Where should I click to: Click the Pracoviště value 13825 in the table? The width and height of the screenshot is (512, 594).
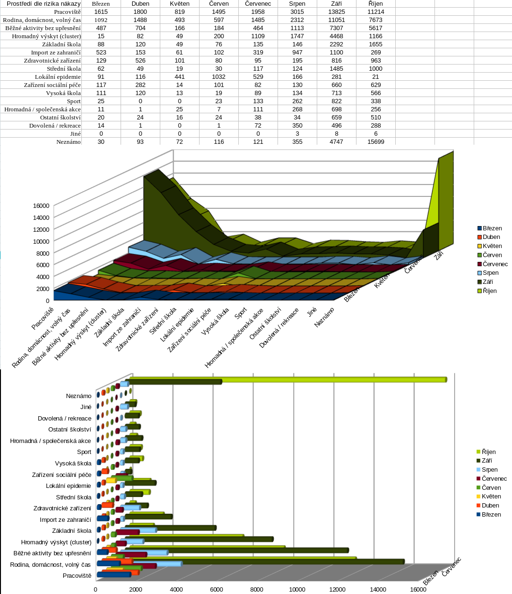pos(336,11)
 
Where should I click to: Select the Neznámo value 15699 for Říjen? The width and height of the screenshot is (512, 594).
pos(376,141)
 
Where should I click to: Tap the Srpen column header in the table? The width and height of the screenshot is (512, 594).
pos(297,3)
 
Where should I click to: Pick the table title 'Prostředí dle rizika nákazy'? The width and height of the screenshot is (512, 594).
pos(44,3)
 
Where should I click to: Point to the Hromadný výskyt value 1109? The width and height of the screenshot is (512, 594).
pos(258,36)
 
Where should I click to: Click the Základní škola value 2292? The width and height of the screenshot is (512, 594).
pos(336,44)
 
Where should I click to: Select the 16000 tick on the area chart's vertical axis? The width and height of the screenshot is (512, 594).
pos(41,206)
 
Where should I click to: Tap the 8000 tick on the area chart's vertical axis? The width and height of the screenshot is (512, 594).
pos(43,253)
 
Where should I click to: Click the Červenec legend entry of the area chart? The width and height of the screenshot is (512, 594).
pos(495,264)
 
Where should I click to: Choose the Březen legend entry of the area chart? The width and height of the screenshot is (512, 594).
pos(492,228)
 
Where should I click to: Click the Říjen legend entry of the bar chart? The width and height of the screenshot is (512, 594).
pos(488,452)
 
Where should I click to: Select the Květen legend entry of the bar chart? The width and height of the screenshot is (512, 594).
pos(491,497)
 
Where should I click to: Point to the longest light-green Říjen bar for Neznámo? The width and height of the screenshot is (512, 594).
pos(287,379)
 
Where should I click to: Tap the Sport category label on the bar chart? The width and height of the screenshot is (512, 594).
pos(84,452)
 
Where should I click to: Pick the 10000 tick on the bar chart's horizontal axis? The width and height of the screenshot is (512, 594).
pos(297,589)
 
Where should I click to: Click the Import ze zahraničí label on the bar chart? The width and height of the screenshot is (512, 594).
pos(65,519)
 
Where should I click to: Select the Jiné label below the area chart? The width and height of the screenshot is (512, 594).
pos(312,312)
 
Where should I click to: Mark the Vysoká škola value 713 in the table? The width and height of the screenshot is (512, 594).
pos(336,93)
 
